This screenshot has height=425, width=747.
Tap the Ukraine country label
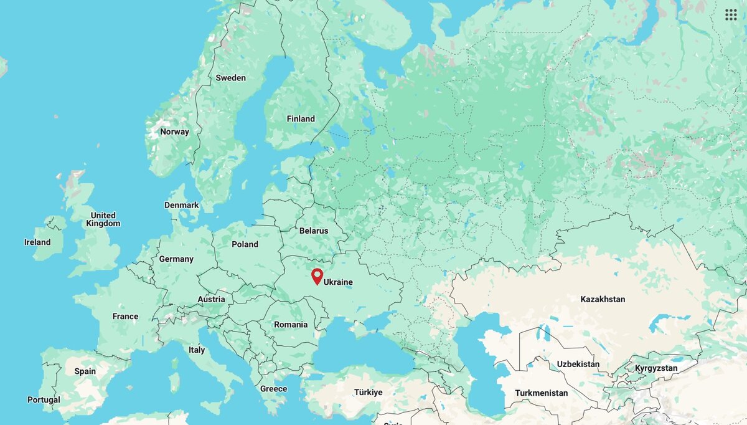[338, 282]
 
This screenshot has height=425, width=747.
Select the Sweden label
[230, 78]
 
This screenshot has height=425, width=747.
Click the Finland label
[301, 119]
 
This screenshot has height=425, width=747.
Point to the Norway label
[174, 131]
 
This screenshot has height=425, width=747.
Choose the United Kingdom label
[103, 219]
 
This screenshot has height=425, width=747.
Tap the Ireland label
[37, 242]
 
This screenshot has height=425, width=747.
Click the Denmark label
[182, 205]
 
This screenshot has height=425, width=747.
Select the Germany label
[176, 259]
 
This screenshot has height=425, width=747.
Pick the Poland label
[245, 244]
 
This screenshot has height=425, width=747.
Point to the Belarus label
[314, 231]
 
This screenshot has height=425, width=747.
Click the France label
[125, 317]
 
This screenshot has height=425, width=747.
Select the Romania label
[291, 325]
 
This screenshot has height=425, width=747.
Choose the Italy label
[197, 350]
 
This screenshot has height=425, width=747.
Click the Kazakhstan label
[603, 299]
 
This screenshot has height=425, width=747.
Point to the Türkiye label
[368, 393]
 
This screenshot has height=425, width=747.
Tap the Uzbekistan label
[578, 364]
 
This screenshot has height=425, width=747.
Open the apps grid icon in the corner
[731, 15]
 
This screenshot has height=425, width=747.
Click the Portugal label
[44, 399]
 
